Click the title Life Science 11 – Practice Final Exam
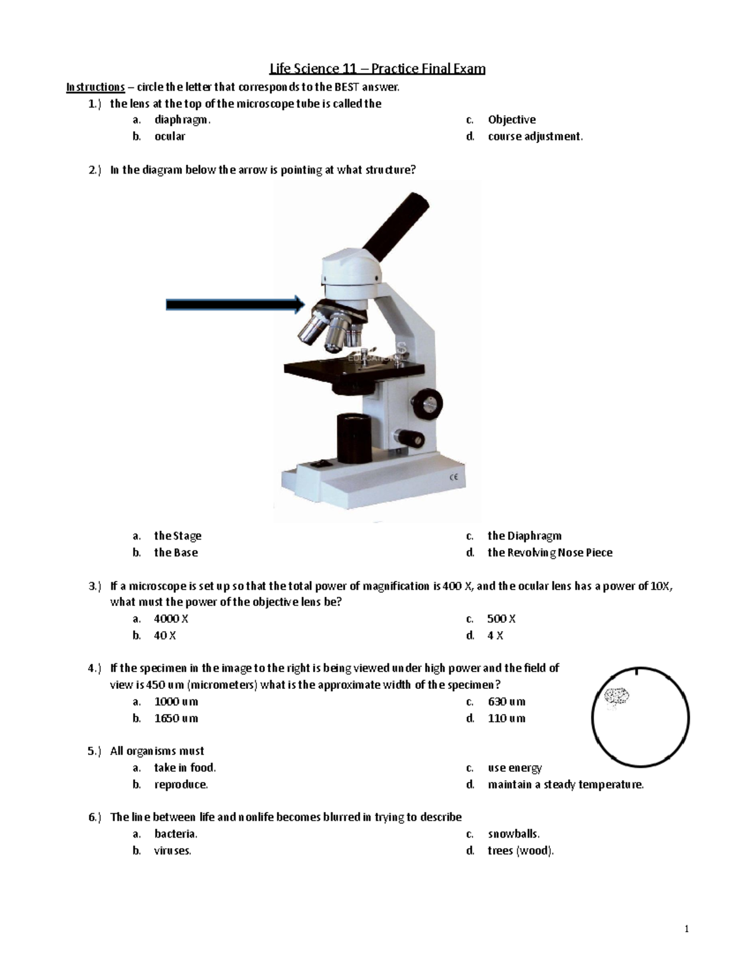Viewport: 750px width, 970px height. click(377, 69)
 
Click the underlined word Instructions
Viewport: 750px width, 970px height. click(95, 87)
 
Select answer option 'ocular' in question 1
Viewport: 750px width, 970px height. click(169, 136)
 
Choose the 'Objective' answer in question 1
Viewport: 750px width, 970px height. click(511, 119)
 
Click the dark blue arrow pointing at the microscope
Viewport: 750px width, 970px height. click(234, 304)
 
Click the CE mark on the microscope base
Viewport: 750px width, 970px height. click(454, 479)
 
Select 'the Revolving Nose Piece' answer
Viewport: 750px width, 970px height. click(549, 552)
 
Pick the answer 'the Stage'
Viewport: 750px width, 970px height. click(177, 535)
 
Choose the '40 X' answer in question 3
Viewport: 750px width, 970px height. click(165, 635)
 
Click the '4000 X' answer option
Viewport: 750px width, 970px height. click(171, 618)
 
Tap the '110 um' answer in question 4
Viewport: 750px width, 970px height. click(506, 718)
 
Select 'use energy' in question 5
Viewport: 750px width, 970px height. click(514, 768)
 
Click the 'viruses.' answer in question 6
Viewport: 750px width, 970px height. click(172, 851)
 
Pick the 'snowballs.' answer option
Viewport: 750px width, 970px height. click(513, 834)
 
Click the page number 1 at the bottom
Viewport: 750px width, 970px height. click(686, 929)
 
